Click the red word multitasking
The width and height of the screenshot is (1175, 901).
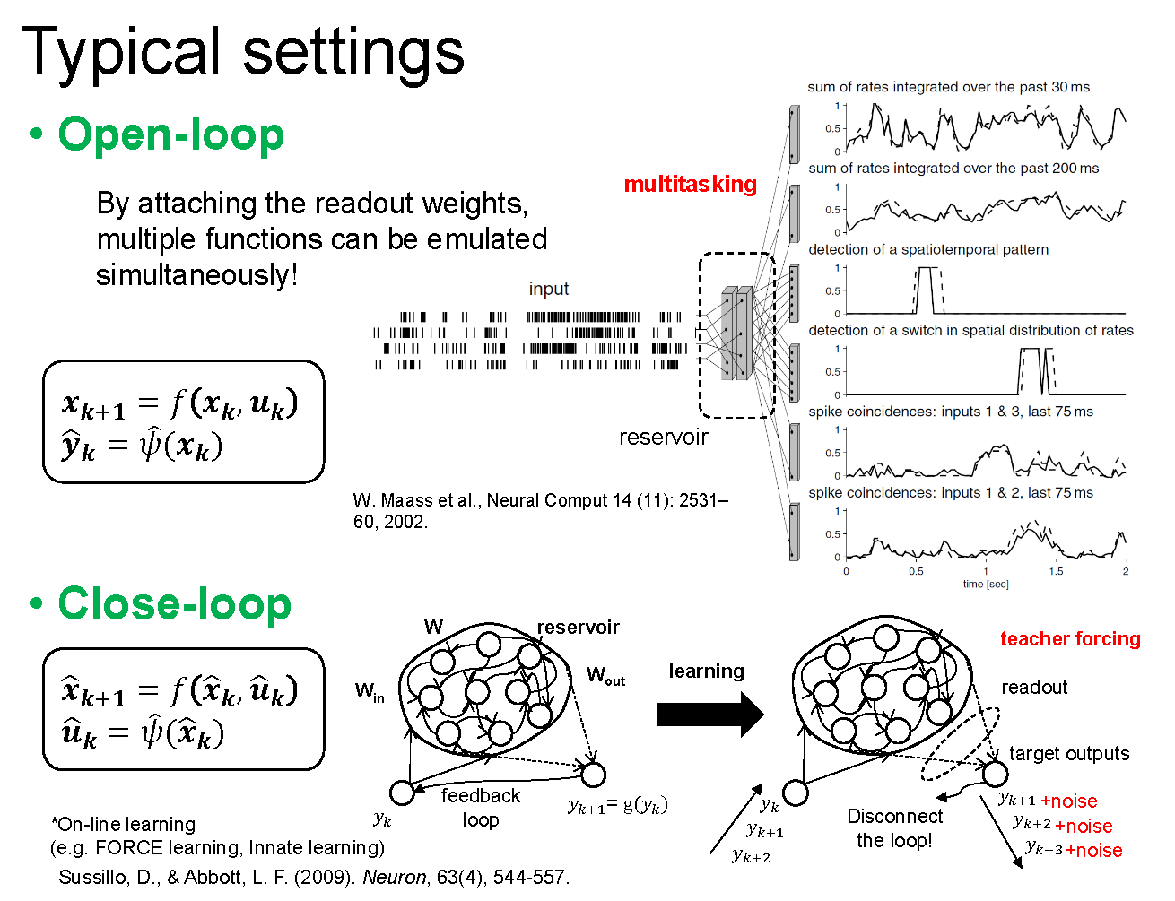point(690,184)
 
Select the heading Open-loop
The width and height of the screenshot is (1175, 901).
point(170,134)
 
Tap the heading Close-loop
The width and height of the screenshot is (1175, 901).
point(174,603)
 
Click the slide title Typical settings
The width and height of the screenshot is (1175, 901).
point(242,51)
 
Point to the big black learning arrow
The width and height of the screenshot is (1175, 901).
point(709,715)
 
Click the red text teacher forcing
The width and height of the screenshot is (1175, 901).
point(1070,638)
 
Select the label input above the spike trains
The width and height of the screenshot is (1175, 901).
point(548,289)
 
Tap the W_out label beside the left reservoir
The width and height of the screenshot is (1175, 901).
point(605,675)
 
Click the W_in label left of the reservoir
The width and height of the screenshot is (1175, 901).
point(369,691)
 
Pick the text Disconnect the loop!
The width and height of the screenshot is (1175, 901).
point(894,827)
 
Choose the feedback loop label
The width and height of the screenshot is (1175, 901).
point(480,807)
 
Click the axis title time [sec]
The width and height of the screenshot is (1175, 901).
point(985,584)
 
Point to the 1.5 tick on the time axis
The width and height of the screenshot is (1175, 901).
point(1056,571)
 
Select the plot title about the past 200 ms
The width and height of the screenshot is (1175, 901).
point(953,168)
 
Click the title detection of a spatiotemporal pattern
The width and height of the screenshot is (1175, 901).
point(927,249)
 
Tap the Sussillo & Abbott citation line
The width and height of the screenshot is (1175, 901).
point(314,877)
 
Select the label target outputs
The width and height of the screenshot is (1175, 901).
point(1069,753)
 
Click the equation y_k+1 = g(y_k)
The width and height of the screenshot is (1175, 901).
point(617,805)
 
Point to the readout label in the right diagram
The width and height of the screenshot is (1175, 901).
point(1034,687)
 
